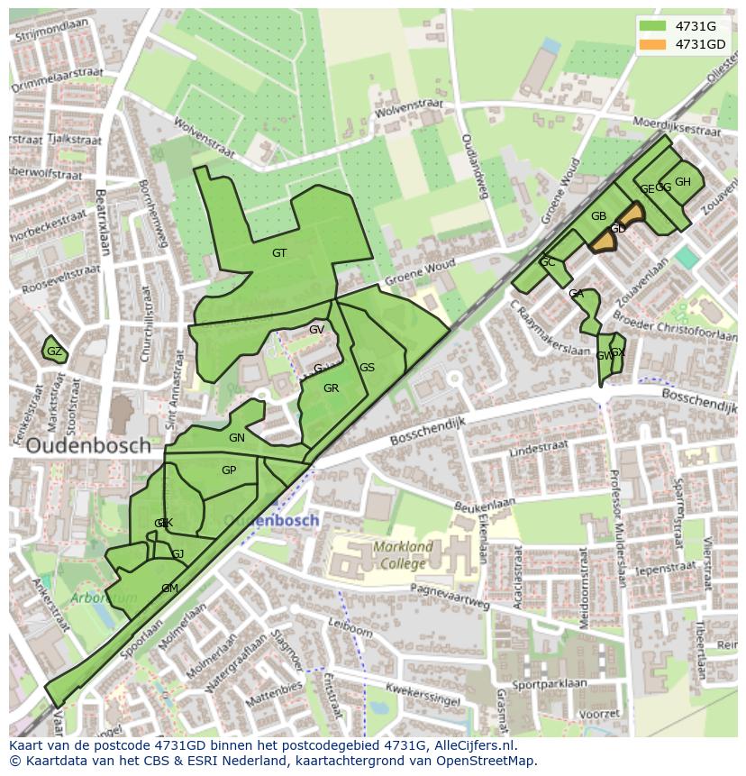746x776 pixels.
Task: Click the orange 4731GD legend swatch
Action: pyautogui.click(x=653, y=44)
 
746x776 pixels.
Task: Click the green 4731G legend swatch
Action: pyautogui.click(x=653, y=26)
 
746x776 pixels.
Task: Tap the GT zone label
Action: pyautogui.click(x=279, y=253)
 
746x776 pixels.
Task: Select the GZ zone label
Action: pyautogui.click(x=54, y=351)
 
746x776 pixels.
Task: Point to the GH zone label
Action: pyautogui.click(x=683, y=182)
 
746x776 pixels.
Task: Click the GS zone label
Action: pyautogui.click(x=368, y=368)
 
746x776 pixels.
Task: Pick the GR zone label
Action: pyautogui.click(x=331, y=388)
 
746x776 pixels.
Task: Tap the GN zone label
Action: pyautogui.click(x=237, y=438)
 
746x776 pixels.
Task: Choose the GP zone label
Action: pyautogui.click(x=229, y=470)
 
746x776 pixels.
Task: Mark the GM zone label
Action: pyautogui.click(x=169, y=589)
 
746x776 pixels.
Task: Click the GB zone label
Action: pyautogui.click(x=598, y=216)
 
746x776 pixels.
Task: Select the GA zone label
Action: pyautogui.click(x=577, y=295)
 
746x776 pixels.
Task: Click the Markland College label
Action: pyautogui.click(x=403, y=554)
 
